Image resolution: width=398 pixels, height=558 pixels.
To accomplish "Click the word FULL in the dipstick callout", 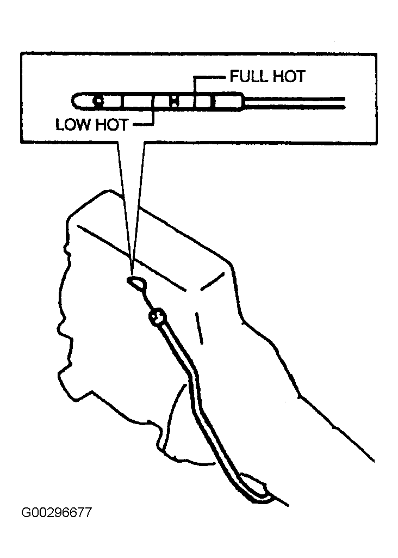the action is [x=248, y=76].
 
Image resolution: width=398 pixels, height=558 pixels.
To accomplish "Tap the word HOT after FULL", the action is [x=288, y=76].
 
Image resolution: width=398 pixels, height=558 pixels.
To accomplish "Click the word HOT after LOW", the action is [x=112, y=125].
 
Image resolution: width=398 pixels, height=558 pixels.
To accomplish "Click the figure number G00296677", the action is [x=57, y=513].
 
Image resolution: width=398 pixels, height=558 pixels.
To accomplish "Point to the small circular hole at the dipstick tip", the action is [x=97, y=101].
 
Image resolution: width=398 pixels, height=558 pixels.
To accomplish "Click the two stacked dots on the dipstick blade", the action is [x=174, y=101].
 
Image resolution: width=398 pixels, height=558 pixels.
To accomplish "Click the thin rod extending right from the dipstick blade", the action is [x=294, y=102].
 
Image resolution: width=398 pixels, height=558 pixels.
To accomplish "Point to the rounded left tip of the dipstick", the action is [x=76, y=101].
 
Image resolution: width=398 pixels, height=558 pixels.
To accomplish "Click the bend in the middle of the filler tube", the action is [x=194, y=384].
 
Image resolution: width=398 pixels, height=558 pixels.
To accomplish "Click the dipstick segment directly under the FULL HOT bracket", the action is [x=203, y=102].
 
